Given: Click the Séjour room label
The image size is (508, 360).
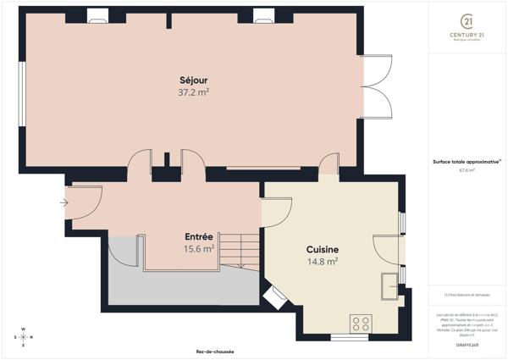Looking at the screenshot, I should point(194,80).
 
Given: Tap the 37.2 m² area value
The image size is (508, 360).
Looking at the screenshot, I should point(194,92).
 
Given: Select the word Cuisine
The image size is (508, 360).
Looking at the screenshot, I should point(323,250).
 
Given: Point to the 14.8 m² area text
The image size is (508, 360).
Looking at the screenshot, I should point(323,262).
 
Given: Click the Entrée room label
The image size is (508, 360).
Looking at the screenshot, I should point(199,236).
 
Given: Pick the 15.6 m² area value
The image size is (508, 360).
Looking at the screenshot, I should point(199,249).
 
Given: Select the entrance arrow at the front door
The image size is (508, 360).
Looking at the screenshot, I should point(64,202).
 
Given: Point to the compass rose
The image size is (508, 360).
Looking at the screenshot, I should point(24,337).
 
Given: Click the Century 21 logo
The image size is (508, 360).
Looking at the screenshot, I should point(467,25).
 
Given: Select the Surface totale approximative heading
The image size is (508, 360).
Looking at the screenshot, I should point(467,161).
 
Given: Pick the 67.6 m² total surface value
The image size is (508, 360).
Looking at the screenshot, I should point(467,170).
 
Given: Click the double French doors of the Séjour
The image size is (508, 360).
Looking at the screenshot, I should point(376,89).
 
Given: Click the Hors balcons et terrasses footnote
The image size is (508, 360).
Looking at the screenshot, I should point(467,295).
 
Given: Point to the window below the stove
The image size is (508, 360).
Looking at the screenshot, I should point(348,337).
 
